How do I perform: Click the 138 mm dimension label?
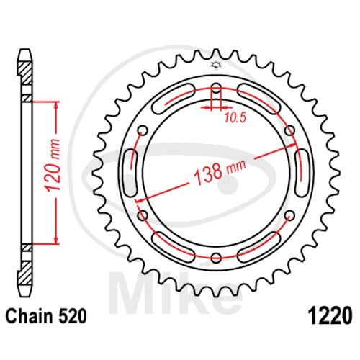click(x=220, y=171)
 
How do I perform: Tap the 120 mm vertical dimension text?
click(x=53, y=165)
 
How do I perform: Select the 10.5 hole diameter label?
click(x=235, y=118)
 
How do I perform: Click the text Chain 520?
click(x=46, y=316)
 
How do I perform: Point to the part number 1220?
click(x=331, y=316)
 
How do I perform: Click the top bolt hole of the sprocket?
click(x=216, y=88)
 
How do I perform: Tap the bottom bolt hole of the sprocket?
click(x=216, y=258)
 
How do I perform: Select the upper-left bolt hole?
click(x=143, y=130)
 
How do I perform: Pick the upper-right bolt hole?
click(x=289, y=130)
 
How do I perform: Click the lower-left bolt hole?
click(x=143, y=215)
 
